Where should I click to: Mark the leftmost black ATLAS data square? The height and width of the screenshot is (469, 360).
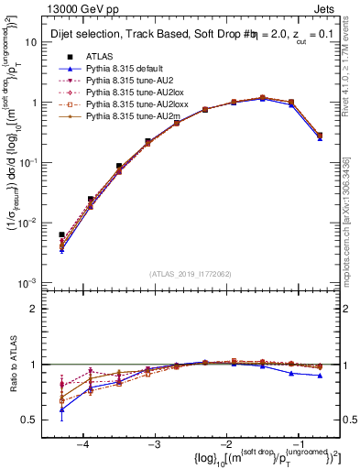(x=61, y=235)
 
